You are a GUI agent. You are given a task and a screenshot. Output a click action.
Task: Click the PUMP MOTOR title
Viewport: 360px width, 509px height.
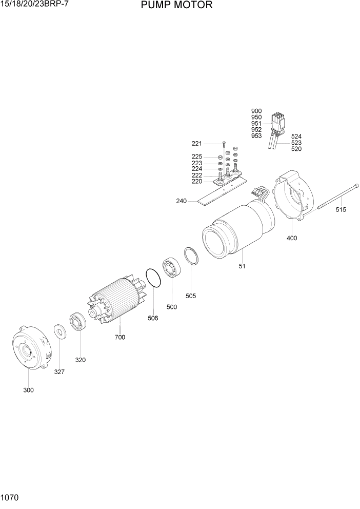169,6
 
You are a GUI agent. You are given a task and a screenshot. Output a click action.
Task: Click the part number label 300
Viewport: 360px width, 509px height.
28,390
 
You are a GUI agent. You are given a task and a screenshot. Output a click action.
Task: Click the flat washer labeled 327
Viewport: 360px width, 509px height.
59,332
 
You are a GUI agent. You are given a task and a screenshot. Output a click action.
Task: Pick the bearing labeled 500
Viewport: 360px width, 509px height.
170,267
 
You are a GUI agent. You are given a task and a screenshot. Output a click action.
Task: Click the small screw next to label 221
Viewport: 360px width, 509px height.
224,144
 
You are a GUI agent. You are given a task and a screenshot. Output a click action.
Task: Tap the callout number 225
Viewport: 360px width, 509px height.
197,156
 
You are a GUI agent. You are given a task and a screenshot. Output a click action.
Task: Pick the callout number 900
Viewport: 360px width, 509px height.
256,111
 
